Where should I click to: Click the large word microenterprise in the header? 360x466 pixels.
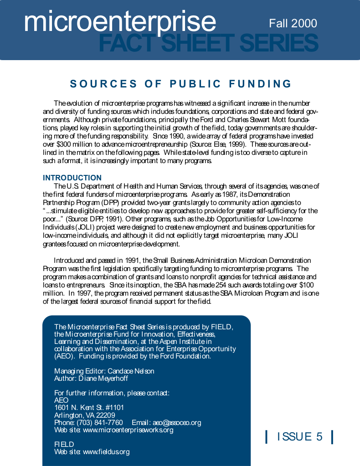click(120, 21)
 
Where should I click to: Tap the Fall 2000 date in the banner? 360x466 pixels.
click(293, 23)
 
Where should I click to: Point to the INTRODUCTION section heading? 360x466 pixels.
click(72, 178)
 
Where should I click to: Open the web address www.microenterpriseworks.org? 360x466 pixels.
click(128, 430)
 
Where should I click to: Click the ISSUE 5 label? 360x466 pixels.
click(299, 437)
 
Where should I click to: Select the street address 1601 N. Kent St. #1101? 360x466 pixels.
click(89, 408)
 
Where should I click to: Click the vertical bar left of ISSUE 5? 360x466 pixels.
click(266, 437)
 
